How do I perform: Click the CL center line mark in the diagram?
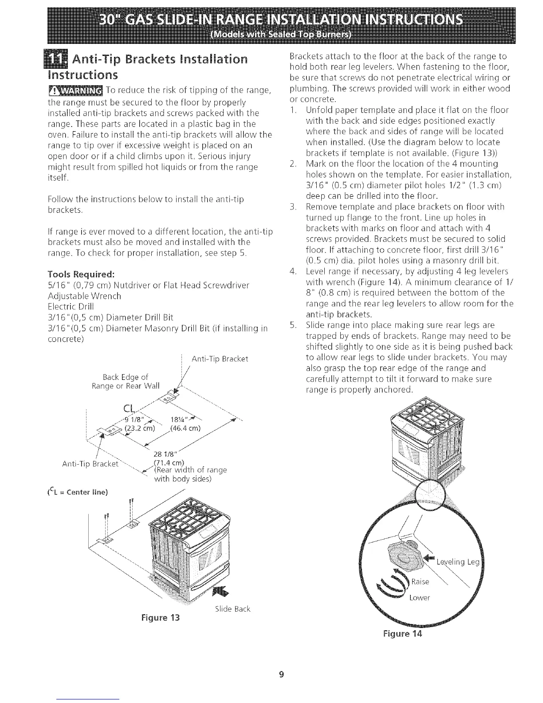[128, 408]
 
